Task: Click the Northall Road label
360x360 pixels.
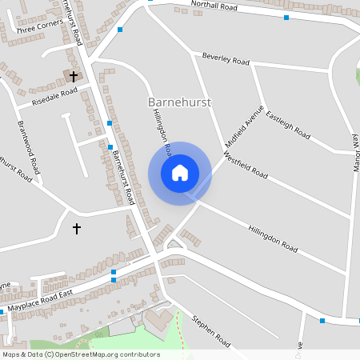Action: [214, 8]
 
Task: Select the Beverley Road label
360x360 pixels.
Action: [225, 62]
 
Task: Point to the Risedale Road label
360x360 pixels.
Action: [54, 95]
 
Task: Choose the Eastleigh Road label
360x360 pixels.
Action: [287, 126]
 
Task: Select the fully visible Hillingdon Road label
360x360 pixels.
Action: [272, 238]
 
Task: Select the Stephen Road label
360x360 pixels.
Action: [210, 331]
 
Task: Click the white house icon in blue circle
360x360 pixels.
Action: [179, 172]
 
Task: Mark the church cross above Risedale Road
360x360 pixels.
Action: [74, 76]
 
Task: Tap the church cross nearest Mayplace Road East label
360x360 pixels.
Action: [77, 228]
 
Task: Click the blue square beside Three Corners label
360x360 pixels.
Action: [120, 30]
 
